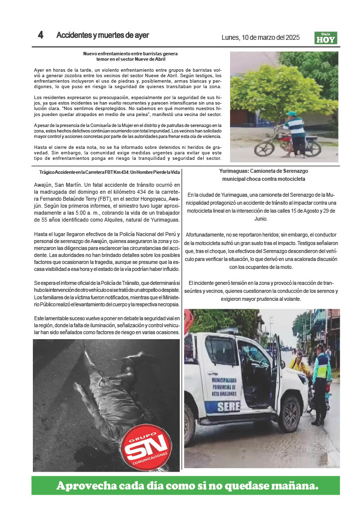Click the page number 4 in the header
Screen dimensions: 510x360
(40, 35)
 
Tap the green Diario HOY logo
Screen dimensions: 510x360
(326, 38)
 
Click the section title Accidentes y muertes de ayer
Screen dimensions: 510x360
(103, 35)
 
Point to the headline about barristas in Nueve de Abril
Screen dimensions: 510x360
(130, 56)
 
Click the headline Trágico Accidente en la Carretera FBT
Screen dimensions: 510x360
(109, 172)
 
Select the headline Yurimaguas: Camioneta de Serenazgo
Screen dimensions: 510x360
(262, 174)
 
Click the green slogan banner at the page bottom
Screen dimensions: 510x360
(186, 485)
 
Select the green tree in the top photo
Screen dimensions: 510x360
(284, 87)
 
